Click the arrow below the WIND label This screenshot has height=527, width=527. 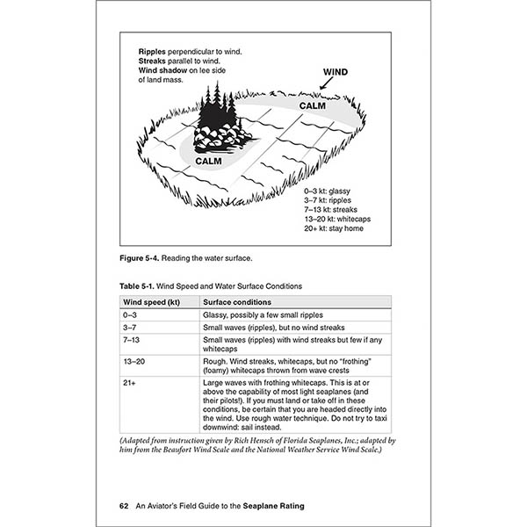(325, 84)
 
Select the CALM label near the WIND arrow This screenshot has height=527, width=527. (313, 105)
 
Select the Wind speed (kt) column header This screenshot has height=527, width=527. (152, 301)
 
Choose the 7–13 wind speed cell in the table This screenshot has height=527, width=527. (134, 339)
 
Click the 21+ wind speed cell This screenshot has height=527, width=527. (131, 383)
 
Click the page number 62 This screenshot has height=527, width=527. (125, 506)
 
